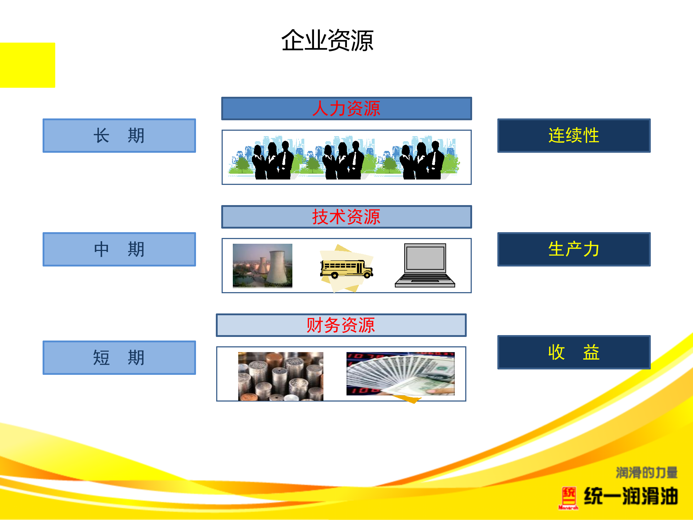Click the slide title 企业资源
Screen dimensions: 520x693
[x=327, y=40]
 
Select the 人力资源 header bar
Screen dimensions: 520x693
[x=346, y=108]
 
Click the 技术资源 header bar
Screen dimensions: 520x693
[x=346, y=217]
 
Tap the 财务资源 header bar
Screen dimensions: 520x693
[x=341, y=325]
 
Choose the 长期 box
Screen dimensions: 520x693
[x=119, y=135]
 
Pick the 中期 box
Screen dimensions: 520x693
[x=119, y=249]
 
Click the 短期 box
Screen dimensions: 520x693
[x=119, y=357]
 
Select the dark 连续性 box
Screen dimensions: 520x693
[x=574, y=135]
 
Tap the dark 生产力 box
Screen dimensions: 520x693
[x=574, y=249]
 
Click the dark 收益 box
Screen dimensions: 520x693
[x=574, y=352]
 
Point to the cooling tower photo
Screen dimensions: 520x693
[x=262, y=265]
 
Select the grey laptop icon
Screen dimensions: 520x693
[x=425, y=265]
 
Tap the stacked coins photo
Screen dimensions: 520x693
[x=280, y=376]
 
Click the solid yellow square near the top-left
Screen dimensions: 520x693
[x=27, y=65]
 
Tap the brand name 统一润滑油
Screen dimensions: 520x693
[x=631, y=496]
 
